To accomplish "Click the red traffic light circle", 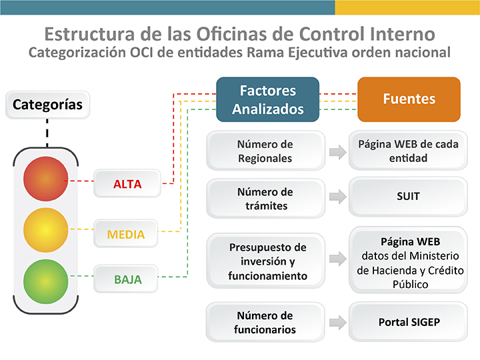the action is click(x=45, y=179).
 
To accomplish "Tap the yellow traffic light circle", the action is click(x=45, y=230).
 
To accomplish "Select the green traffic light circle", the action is click(x=45, y=281).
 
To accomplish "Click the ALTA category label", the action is click(x=127, y=183).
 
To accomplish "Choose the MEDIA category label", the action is click(x=125, y=233).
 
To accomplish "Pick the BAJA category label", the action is click(x=125, y=279).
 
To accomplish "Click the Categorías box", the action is click(x=47, y=105).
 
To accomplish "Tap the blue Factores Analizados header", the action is click(x=267, y=99).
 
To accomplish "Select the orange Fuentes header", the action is click(x=409, y=99).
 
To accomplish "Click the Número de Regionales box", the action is click(x=265, y=151).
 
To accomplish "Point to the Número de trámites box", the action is click(x=265, y=199).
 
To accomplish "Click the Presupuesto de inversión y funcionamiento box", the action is click(x=265, y=261).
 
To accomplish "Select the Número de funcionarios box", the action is click(x=265, y=322).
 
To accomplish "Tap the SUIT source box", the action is click(x=408, y=197).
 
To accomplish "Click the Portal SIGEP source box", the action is click(x=408, y=322).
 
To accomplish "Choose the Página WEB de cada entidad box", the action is click(x=408, y=150).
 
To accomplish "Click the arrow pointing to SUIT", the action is click(x=337, y=197).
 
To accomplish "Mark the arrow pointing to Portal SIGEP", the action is click(x=337, y=322).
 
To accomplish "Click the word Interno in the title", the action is click(x=402, y=34).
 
